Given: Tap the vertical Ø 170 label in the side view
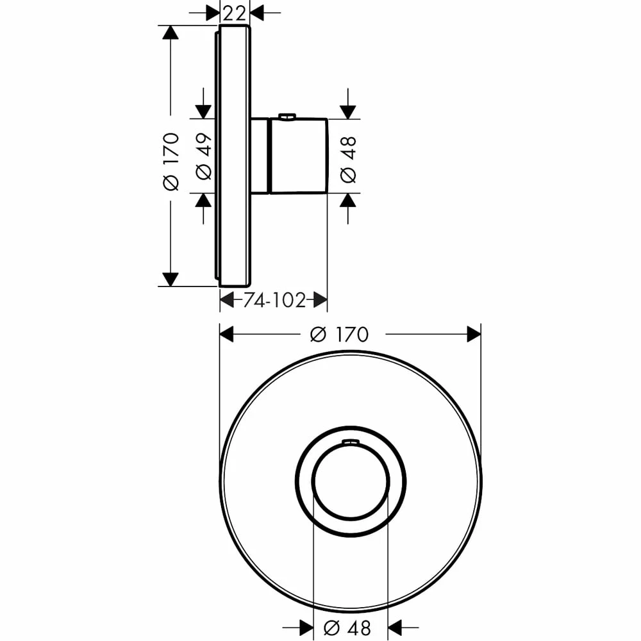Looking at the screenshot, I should [171, 162].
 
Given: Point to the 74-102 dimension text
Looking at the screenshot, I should [274, 299].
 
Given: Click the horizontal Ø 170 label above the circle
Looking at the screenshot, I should [339, 334].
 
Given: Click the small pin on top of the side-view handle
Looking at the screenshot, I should [287, 117].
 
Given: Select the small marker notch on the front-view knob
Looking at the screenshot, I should [351, 442].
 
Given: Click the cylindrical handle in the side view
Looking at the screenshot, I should [299, 156].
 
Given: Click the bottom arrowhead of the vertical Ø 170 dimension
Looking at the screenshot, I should [171, 279].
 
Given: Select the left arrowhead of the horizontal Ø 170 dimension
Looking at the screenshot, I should [227, 334].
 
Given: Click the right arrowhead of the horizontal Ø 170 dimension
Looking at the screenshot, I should [474, 334].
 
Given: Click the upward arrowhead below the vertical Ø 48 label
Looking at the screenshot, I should [348, 201].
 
